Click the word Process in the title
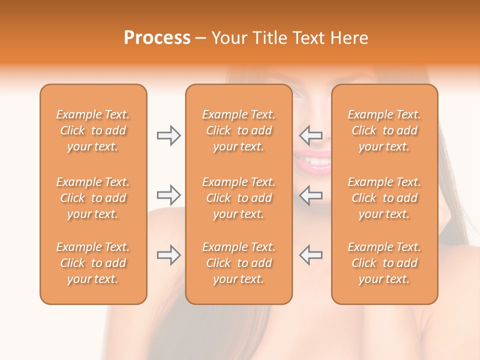(x=157, y=38)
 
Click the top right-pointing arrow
(x=168, y=135)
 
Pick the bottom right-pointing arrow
(x=168, y=255)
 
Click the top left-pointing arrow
(x=311, y=135)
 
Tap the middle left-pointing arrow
(x=311, y=194)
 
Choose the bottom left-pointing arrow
(x=311, y=255)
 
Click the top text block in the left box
(x=93, y=130)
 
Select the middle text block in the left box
(x=93, y=198)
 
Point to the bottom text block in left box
(x=93, y=263)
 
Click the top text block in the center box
(x=238, y=130)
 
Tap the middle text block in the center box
(x=238, y=198)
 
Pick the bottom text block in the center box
(x=238, y=263)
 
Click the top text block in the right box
(x=384, y=130)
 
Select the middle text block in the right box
(x=384, y=198)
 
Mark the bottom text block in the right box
(x=384, y=263)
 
